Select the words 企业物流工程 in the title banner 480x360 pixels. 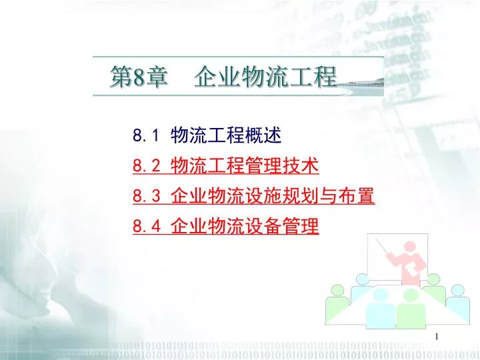265,77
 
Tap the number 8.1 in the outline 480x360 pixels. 146,136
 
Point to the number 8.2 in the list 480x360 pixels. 146,166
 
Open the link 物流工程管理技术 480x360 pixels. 245,165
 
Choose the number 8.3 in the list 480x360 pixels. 146,196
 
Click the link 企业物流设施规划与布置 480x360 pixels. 273,195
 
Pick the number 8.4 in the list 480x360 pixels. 146,227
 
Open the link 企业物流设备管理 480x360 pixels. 245,226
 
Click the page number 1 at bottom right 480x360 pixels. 437,337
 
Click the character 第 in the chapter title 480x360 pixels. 121,78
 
